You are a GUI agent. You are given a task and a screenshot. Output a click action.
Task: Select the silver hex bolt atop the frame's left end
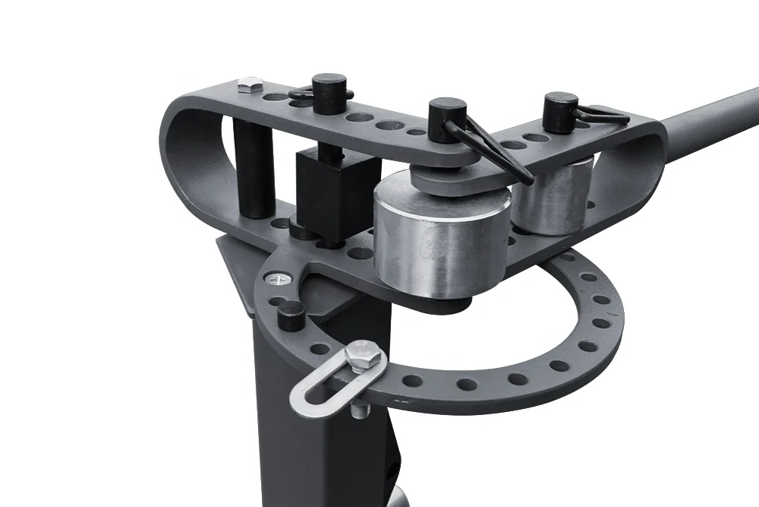[x=249, y=84]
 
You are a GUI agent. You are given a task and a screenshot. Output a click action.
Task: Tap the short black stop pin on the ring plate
[x=291, y=315]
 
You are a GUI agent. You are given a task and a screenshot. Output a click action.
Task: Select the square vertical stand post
[x=304, y=426]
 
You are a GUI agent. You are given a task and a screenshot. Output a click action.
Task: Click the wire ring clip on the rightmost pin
[x=603, y=116]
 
